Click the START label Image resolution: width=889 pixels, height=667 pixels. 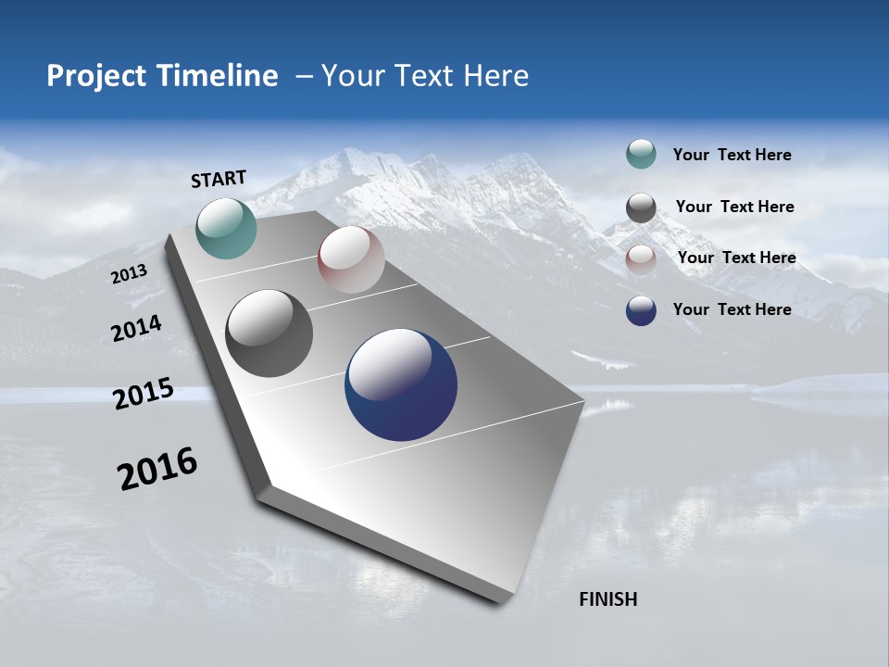point(219,179)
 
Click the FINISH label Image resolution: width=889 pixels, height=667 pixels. point(608,599)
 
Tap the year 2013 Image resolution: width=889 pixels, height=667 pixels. point(129,274)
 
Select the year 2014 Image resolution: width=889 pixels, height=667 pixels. point(137,329)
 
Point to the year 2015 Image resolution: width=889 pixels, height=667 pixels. point(144,394)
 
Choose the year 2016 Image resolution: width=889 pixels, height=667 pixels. point(157,468)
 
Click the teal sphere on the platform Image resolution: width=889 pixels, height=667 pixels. point(226,228)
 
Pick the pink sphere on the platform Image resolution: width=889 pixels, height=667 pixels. point(351,259)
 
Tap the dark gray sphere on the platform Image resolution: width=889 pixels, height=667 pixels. point(269,333)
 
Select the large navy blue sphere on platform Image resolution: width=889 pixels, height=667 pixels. point(401,384)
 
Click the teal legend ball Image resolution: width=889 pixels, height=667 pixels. point(641,154)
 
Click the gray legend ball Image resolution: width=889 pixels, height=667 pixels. point(641,208)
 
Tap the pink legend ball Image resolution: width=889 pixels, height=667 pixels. point(641,259)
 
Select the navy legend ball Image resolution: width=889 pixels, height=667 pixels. point(641,310)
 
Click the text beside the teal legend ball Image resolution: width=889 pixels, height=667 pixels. point(732,155)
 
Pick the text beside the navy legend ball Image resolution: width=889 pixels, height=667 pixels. point(732,309)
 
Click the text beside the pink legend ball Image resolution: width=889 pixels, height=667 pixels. point(736,258)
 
